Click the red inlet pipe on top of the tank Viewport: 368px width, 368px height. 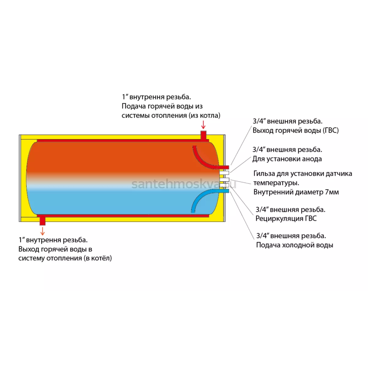click(x=203, y=136)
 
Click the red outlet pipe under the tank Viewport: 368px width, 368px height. click(x=42, y=220)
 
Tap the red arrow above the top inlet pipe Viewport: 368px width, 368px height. click(x=203, y=125)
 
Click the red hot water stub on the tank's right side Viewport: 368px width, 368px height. click(x=223, y=167)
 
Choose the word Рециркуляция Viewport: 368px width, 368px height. click(x=279, y=218)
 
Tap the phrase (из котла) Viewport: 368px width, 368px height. click(x=204, y=116)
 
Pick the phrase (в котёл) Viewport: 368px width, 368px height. click(x=98, y=259)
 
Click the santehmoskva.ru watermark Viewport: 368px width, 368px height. click(x=184, y=184)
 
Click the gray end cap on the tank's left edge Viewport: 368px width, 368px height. click(x=20, y=178)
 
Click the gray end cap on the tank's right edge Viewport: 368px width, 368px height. click(x=224, y=178)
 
